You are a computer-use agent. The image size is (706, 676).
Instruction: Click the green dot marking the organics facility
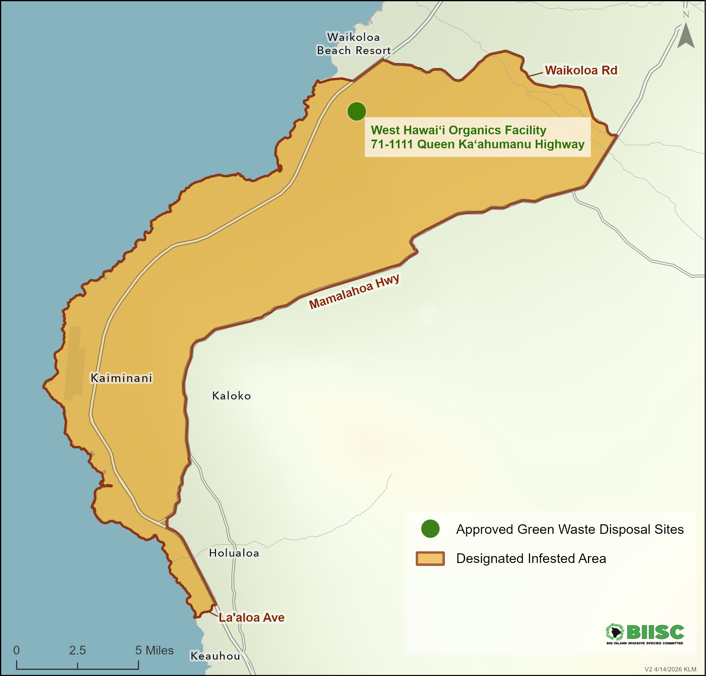357,111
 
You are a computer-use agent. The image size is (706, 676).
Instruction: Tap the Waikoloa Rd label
581,70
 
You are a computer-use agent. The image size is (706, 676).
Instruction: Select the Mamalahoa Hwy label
354,291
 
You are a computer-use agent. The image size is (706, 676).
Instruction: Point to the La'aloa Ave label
251,617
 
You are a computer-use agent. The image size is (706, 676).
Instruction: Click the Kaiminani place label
122,378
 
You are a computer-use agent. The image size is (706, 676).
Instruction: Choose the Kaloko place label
231,396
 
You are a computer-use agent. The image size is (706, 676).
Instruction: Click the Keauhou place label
215,656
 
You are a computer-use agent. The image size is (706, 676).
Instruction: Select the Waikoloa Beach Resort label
353,44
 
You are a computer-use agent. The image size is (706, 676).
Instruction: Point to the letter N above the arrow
686,14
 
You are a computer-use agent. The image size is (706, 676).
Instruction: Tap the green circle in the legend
430,529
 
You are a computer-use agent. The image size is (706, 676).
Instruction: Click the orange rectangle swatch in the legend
430,558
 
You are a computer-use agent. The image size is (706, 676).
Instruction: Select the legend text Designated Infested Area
531,558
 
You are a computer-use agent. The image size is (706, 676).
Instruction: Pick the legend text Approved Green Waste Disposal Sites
570,529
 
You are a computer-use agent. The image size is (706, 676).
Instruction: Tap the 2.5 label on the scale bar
77,650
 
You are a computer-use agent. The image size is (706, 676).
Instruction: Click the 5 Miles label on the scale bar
155,650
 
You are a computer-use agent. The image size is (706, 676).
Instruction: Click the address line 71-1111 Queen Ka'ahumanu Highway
477,144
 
